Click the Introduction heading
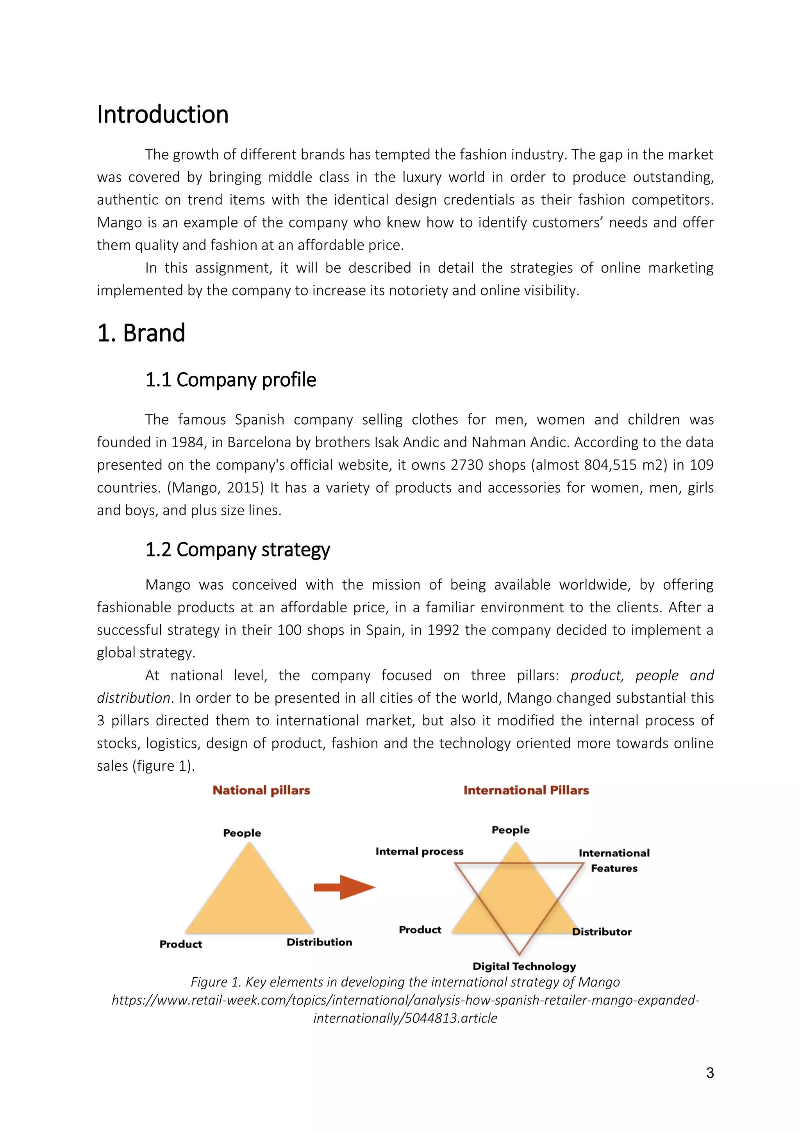[x=162, y=115]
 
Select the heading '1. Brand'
[x=141, y=333]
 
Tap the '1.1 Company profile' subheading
[x=230, y=380]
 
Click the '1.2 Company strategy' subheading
[x=237, y=550]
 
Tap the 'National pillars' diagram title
[x=261, y=790]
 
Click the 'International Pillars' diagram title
[x=526, y=790]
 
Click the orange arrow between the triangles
[x=344, y=888]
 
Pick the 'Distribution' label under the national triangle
[x=319, y=942]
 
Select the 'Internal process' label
[x=419, y=852]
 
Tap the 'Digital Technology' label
[x=524, y=966]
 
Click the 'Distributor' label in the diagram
[x=602, y=932]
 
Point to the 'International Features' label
[x=614, y=860]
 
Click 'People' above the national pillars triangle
[x=242, y=833]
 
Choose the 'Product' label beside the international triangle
[x=420, y=930]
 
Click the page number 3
[x=710, y=1073]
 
